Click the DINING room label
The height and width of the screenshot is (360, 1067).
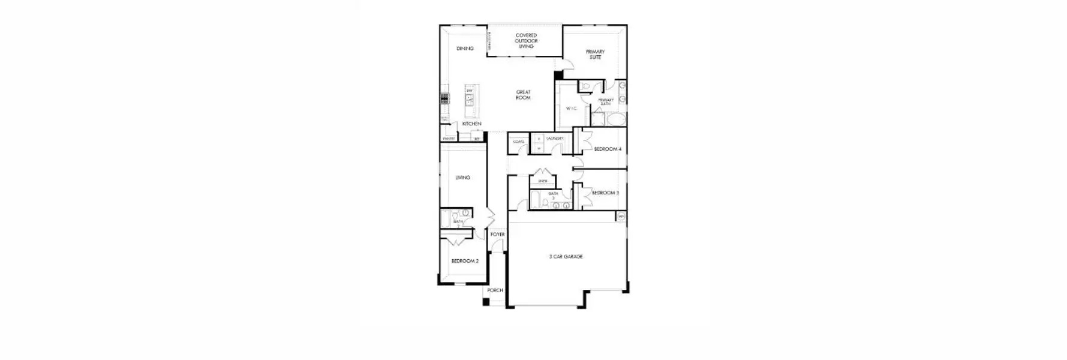(465, 49)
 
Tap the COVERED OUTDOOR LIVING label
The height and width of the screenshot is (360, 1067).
(526, 41)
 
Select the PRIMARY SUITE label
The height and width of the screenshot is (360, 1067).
(595, 55)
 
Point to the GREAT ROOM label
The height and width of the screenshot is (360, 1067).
(523, 95)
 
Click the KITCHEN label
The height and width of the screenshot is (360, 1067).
(471, 124)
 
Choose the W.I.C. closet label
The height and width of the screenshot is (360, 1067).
(571, 109)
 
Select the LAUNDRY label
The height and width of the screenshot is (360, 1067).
(555, 139)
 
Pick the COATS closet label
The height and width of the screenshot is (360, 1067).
(518, 142)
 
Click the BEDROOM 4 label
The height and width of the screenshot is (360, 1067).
(608, 149)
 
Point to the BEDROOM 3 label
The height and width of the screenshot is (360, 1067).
(605, 193)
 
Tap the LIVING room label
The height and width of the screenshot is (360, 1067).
(462, 178)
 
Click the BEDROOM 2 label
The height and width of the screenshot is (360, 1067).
(465, 261)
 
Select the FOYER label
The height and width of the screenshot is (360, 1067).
(497, 235)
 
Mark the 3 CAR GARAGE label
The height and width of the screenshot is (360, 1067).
(566, 257)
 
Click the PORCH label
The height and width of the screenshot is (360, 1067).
(495, 290)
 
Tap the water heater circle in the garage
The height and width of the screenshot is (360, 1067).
(621, 217)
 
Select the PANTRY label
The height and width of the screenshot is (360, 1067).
(448, 139)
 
